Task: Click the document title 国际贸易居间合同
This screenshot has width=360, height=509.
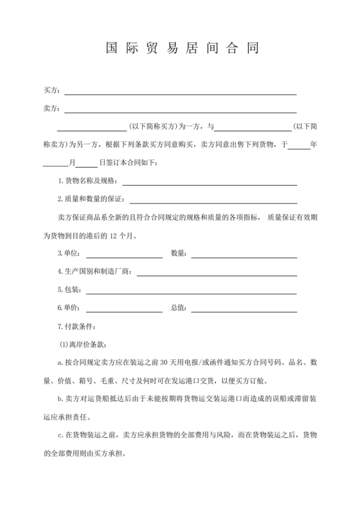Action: click(180, 49)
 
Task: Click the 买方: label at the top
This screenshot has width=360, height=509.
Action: click(51, 91)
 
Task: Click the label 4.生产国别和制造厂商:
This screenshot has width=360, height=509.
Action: click(95, 272)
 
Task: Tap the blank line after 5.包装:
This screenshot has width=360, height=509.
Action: click(192, 291)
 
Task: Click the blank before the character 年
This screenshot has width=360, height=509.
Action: click(298, 145)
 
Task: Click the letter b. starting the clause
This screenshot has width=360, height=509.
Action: click(60, 398)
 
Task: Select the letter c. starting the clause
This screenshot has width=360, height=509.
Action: click(60, 435)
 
